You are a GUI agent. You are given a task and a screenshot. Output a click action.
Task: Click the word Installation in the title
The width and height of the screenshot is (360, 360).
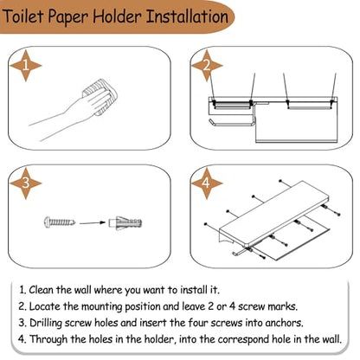[188, 16]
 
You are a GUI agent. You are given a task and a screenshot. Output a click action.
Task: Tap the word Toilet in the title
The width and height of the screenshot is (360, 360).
[23, 16]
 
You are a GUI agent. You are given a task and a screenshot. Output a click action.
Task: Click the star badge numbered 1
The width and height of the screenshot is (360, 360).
[26, 66]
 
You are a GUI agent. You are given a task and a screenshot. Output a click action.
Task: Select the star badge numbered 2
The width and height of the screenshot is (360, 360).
[207, 66]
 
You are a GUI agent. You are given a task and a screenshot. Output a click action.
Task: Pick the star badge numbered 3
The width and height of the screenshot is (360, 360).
[26, 183]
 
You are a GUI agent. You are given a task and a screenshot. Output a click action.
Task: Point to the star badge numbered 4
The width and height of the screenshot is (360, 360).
[207, 183]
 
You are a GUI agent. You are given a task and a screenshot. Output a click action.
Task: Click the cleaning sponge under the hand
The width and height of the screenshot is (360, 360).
[100, 97]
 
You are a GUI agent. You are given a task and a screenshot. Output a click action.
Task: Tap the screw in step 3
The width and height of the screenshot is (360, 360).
[60, 222]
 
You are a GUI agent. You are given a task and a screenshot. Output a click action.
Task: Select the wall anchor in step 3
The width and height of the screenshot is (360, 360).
[125, 222]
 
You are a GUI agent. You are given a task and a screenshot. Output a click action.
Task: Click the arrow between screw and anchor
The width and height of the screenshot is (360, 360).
[93, 222]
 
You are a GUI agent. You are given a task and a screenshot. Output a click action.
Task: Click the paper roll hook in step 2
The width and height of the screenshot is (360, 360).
[231, 123]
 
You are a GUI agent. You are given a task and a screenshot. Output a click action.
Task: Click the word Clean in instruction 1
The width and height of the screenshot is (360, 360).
[42, 289]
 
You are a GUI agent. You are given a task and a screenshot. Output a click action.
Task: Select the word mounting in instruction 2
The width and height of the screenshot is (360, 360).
[101, 306]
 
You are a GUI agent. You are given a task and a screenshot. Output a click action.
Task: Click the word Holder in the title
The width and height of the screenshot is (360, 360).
[117, 16]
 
